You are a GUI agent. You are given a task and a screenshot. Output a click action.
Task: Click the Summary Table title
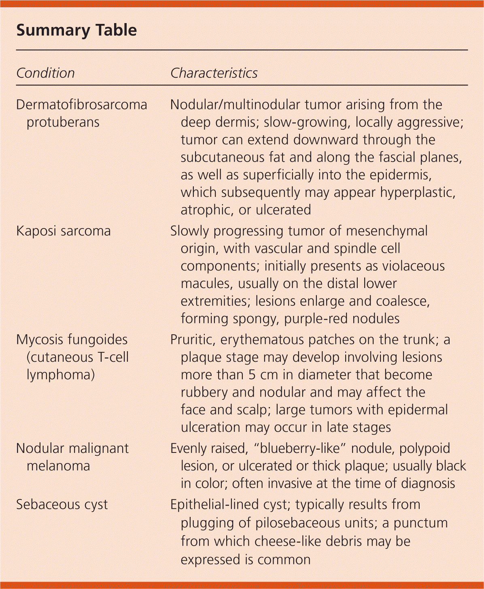[76, 30]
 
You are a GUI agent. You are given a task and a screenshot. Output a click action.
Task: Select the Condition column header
[45, 73]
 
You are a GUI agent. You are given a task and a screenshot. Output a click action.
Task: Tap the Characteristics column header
[214, 73]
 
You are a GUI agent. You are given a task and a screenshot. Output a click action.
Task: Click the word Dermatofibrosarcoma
[81, 105]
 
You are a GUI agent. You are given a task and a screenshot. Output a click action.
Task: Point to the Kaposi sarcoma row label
[63, 231]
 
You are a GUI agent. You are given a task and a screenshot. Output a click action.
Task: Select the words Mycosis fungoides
[72, 339]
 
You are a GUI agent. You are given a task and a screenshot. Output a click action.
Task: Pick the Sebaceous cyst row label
[62, 505]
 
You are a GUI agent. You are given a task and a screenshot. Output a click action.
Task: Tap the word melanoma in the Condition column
[58, 466]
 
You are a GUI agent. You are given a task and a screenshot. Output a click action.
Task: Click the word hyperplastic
[418, 192]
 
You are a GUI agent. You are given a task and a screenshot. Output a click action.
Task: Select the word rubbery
[204, 393]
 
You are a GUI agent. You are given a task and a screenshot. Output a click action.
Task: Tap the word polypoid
[425, 448]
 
